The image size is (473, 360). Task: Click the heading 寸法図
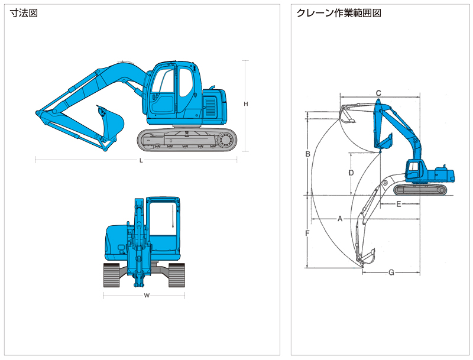click(24, 13)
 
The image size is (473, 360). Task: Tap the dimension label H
click(245, 104)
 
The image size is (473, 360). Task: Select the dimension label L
click(141, 160)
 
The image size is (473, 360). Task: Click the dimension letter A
click(340, 219)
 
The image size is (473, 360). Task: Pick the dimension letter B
click(307, 154)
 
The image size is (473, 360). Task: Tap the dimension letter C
click(378, 93)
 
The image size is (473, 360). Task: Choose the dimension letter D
click(351, 173)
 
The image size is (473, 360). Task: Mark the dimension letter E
click(399, 204)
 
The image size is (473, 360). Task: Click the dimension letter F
click(307, 233)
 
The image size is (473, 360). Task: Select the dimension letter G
click(391, 273)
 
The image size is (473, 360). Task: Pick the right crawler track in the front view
click(177, 275)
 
